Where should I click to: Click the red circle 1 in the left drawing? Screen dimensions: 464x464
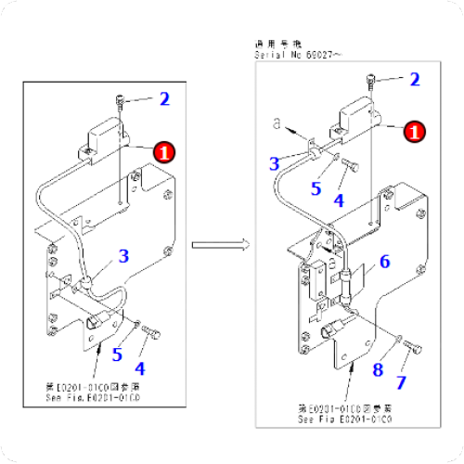click(163, 151)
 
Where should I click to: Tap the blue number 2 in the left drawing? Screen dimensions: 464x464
click(164, 98)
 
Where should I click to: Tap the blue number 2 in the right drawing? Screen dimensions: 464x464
click(414, 80)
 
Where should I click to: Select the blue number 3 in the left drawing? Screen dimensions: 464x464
click(122, 255)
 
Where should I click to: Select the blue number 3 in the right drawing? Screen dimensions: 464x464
click(275, 164)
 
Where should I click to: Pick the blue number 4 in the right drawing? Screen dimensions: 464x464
click(339, 199)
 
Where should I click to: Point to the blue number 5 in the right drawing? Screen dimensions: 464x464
click(316, 188)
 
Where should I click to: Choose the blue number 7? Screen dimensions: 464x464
click(401, 382)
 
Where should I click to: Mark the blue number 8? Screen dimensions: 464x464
click(378, 371)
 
